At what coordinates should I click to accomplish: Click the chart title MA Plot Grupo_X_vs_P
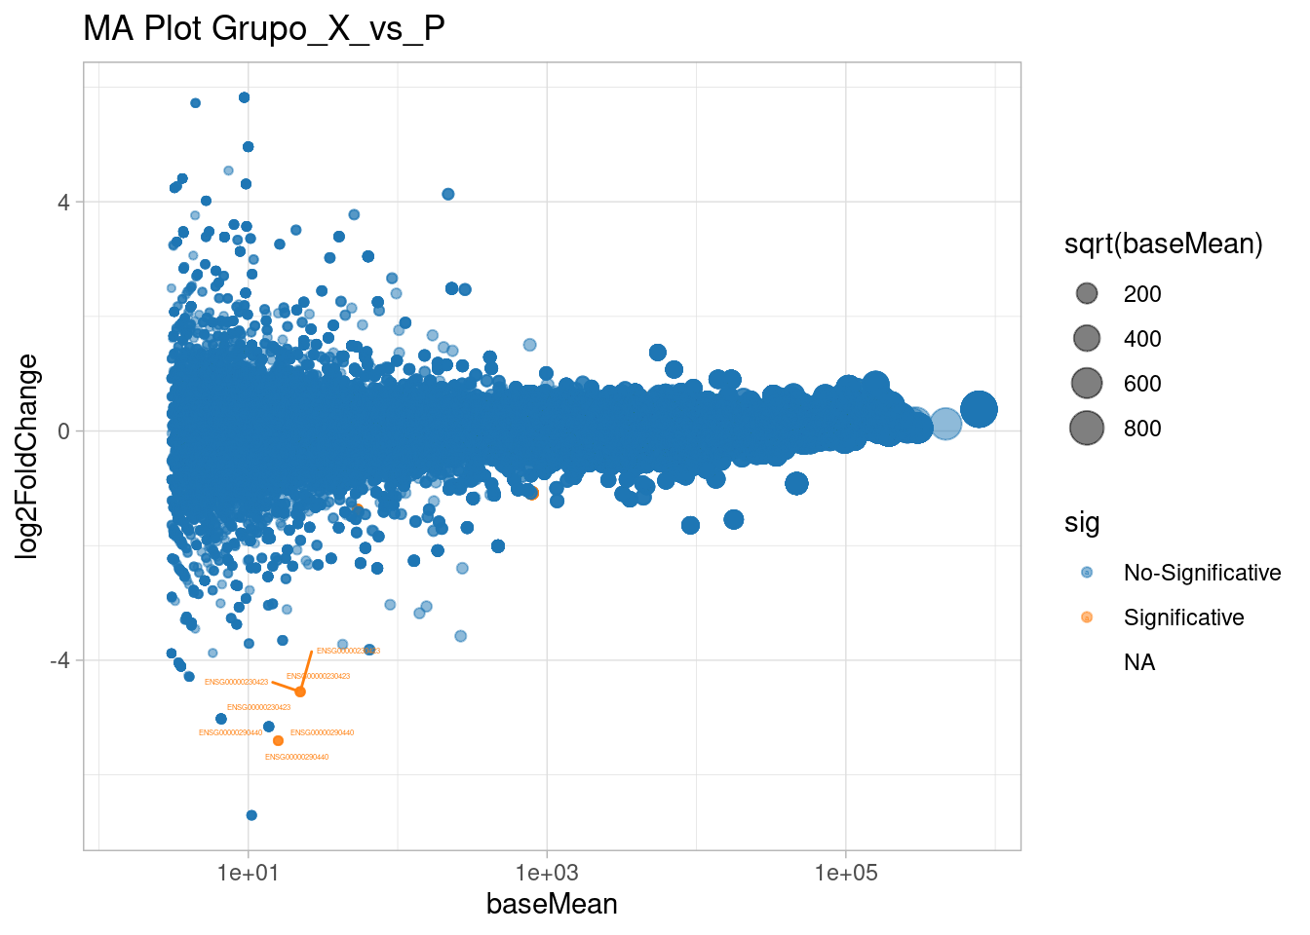pyautogui.click(x=264, y=29)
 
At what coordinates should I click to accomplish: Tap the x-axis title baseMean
pyautogui.click(x=552, y=904)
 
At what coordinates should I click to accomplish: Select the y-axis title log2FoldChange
pyautogui.click(x=27, y=456)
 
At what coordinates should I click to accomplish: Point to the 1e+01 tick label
pyautogui.click(x=248, y=873)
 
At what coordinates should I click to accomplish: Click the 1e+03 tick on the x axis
pyautogui.click(x=547, y=873)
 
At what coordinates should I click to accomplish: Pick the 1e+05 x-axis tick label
pyautogui.click(x=846, y=873)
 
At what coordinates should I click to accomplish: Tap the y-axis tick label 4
pyautogui.click(x=64, y=203)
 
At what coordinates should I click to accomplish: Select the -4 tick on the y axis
pyautogui.click(x=60, y=660)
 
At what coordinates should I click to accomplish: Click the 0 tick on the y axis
pyautogui.click(x=64, y=431)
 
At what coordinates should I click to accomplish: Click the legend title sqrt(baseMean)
pyautogui.click(x=1164, y=244)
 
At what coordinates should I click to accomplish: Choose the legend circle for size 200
pyautogui.click(x=1087, y=294)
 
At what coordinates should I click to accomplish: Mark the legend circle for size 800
pyautogui.click(x=1087, y=428)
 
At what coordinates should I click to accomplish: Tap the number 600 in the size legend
pyautogui.click(x=1142, y=384)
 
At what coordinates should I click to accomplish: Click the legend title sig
pyautogui.click(x=1082, y=523)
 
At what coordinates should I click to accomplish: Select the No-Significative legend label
pyautogui.click(x=1202, y=573)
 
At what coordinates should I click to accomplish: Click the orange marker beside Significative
pyautogui.click(x=1087, y=617)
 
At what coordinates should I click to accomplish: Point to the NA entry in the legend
pyautogui.click(x=1139, y=662)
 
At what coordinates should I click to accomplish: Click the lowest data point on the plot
pyautogui.click(x=251, y=815)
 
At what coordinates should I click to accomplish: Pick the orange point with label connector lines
pyautogui.click(x=300, y=692)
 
